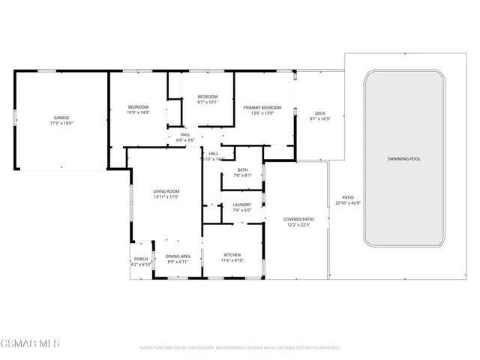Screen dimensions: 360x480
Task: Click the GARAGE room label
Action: (61, 118)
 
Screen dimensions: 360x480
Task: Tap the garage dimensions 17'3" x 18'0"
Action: (61, 124)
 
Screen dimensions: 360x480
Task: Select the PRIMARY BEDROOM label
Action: (262, 107)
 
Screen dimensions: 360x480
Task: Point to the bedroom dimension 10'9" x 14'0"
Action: (139, 113)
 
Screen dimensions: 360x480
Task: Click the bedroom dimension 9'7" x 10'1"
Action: (208, 103)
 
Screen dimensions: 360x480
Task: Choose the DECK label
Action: (320, 113)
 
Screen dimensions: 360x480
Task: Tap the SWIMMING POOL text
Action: (404, 159)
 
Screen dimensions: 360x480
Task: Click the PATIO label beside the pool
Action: (347, 197)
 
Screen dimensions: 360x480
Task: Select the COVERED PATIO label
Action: (298, 219)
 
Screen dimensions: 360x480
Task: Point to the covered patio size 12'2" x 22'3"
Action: (298, 225)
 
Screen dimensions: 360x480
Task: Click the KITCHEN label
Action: (232, 255)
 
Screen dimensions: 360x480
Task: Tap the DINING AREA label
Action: (178, 256)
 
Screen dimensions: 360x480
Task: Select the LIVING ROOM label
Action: (166, 191)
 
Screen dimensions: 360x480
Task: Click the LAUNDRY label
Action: (241, 204)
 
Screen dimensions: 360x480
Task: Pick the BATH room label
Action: (242, 169)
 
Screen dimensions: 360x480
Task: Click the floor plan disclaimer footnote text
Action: (240, 348)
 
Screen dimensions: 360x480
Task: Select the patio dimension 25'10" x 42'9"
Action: (348, 203)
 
